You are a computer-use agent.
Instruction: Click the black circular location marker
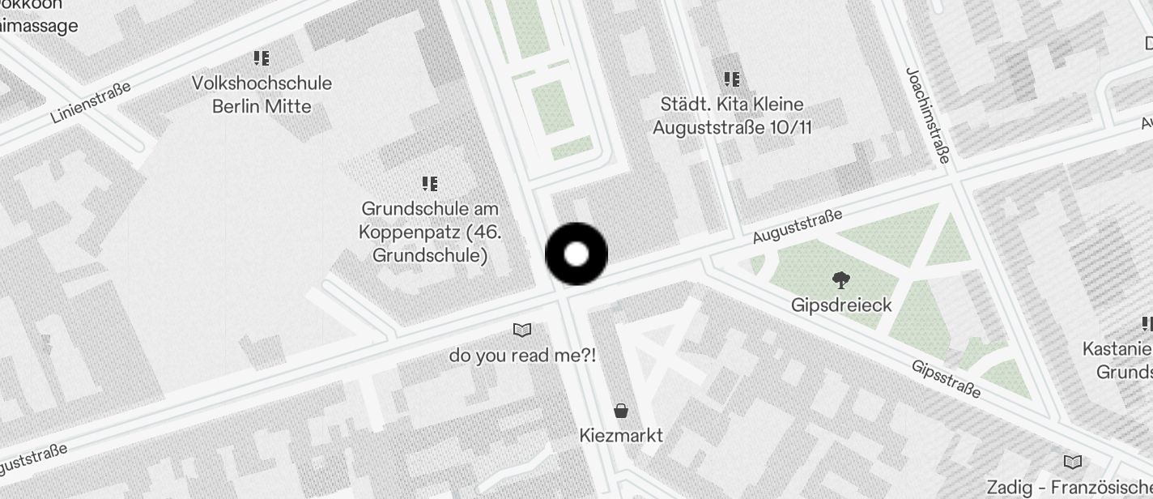pos(576,254)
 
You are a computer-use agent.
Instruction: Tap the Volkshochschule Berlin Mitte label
pos(262,95)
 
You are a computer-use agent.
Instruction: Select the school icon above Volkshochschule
pos(261,58)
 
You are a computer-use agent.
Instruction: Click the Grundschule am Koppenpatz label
pos(430,232)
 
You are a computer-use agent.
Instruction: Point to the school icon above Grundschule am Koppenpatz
pos(430,184)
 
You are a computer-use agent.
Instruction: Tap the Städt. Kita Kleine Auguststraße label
pos(731,116)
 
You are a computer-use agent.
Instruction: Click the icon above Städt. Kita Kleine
pos(732,79)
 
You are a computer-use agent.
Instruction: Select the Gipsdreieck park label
pos(841,305)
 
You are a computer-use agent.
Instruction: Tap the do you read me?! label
pos(522,355)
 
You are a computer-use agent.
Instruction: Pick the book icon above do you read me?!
pos(522,330)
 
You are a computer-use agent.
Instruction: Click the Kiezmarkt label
pos(621,436)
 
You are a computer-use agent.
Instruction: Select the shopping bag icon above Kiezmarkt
pos(621,411)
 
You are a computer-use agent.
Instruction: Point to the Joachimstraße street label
pos(927,115)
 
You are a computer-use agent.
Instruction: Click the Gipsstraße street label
pos(946,379)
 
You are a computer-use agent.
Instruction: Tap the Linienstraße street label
pos(91,102)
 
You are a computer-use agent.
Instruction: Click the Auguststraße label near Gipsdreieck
pos(798,226)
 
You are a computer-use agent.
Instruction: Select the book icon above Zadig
pos(1073,463)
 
